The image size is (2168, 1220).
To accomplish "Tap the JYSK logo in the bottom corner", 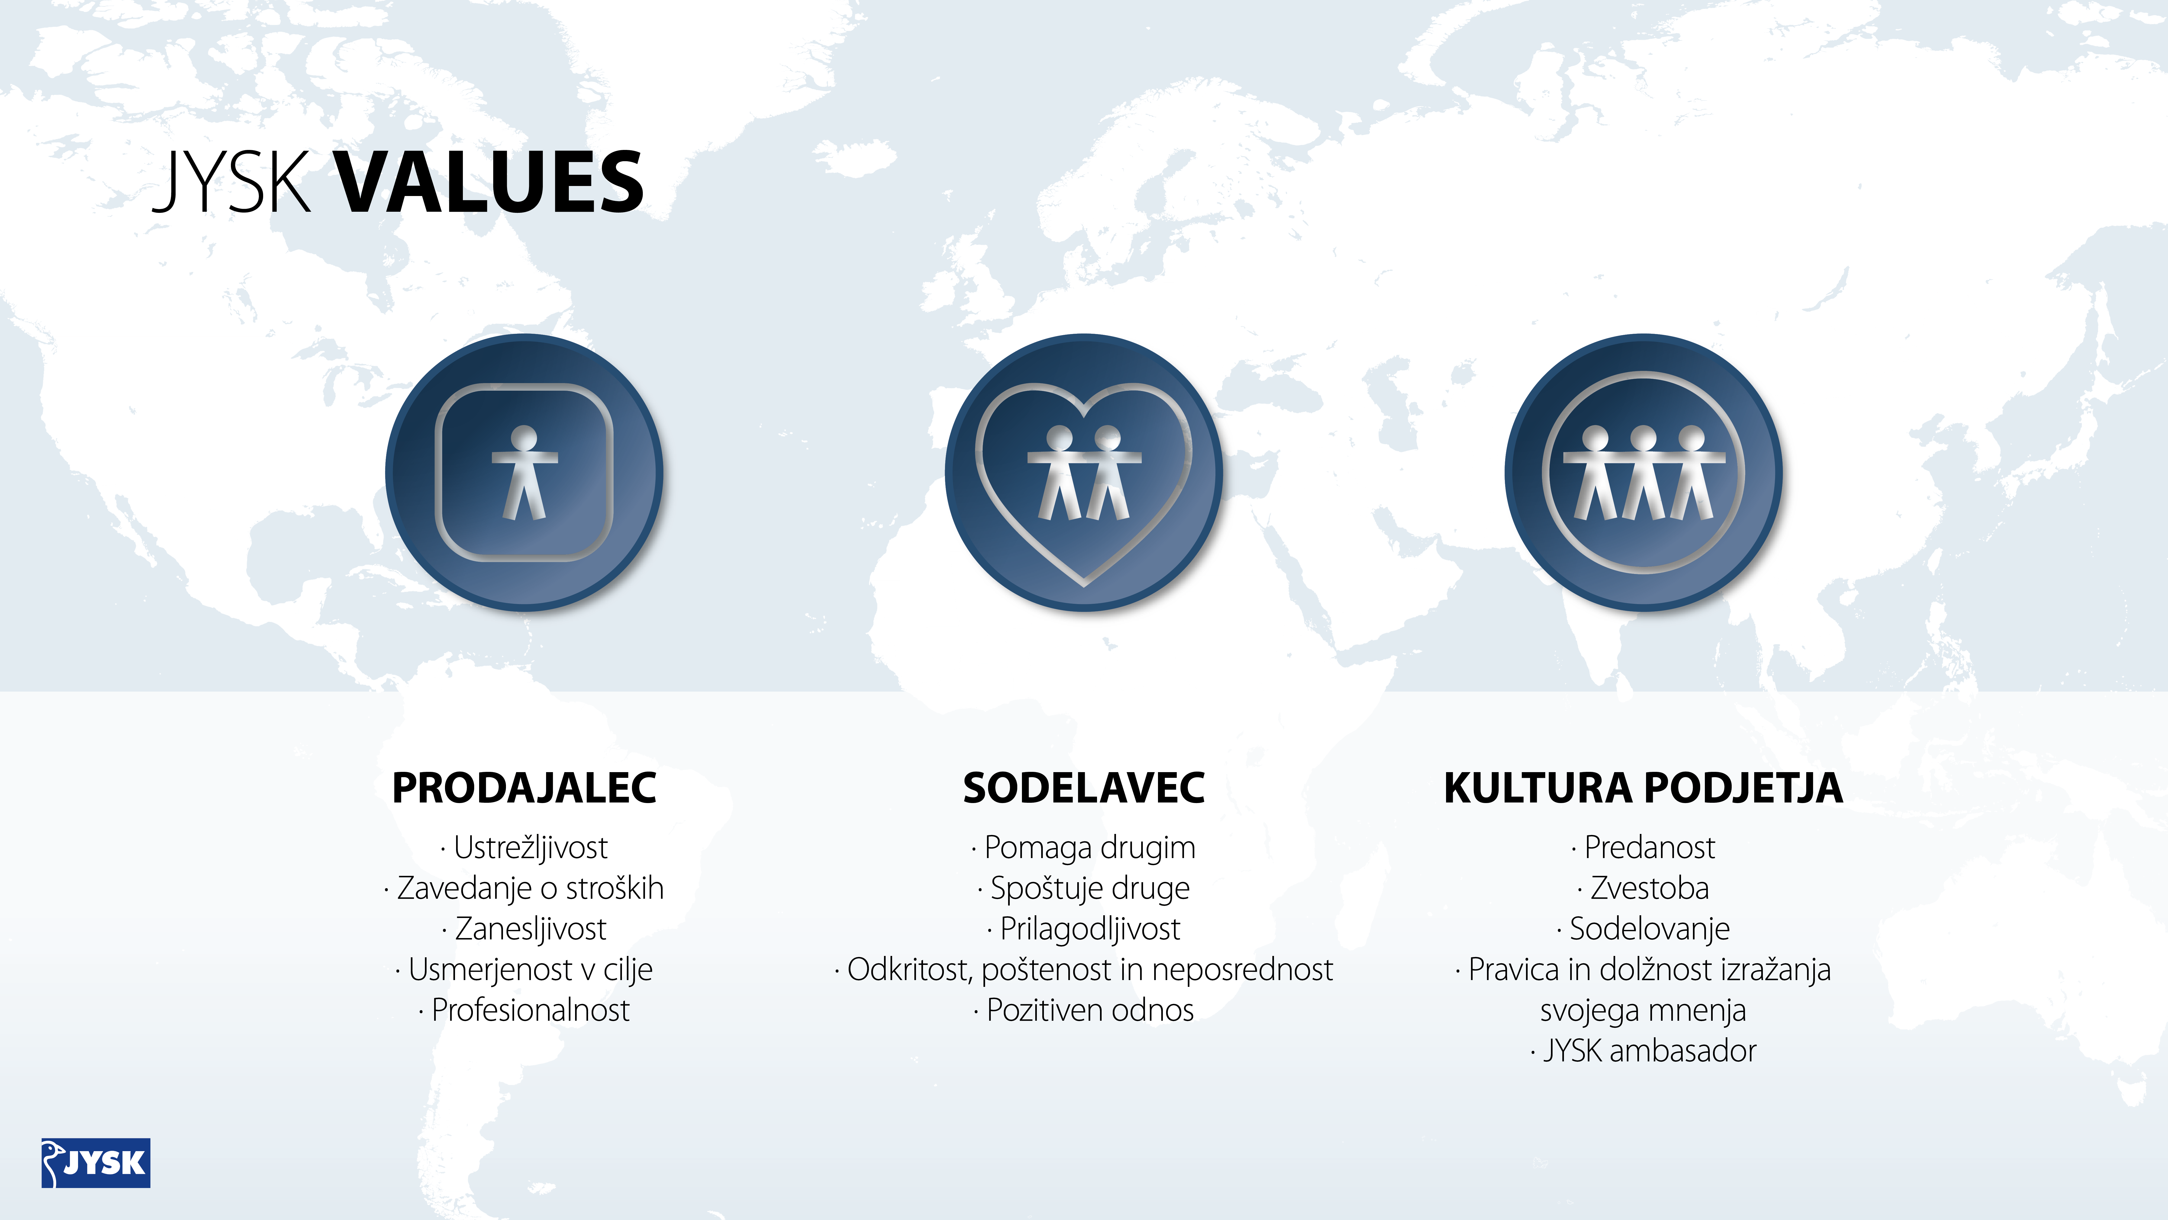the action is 96,1163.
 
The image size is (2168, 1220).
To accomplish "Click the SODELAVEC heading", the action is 1084,788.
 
